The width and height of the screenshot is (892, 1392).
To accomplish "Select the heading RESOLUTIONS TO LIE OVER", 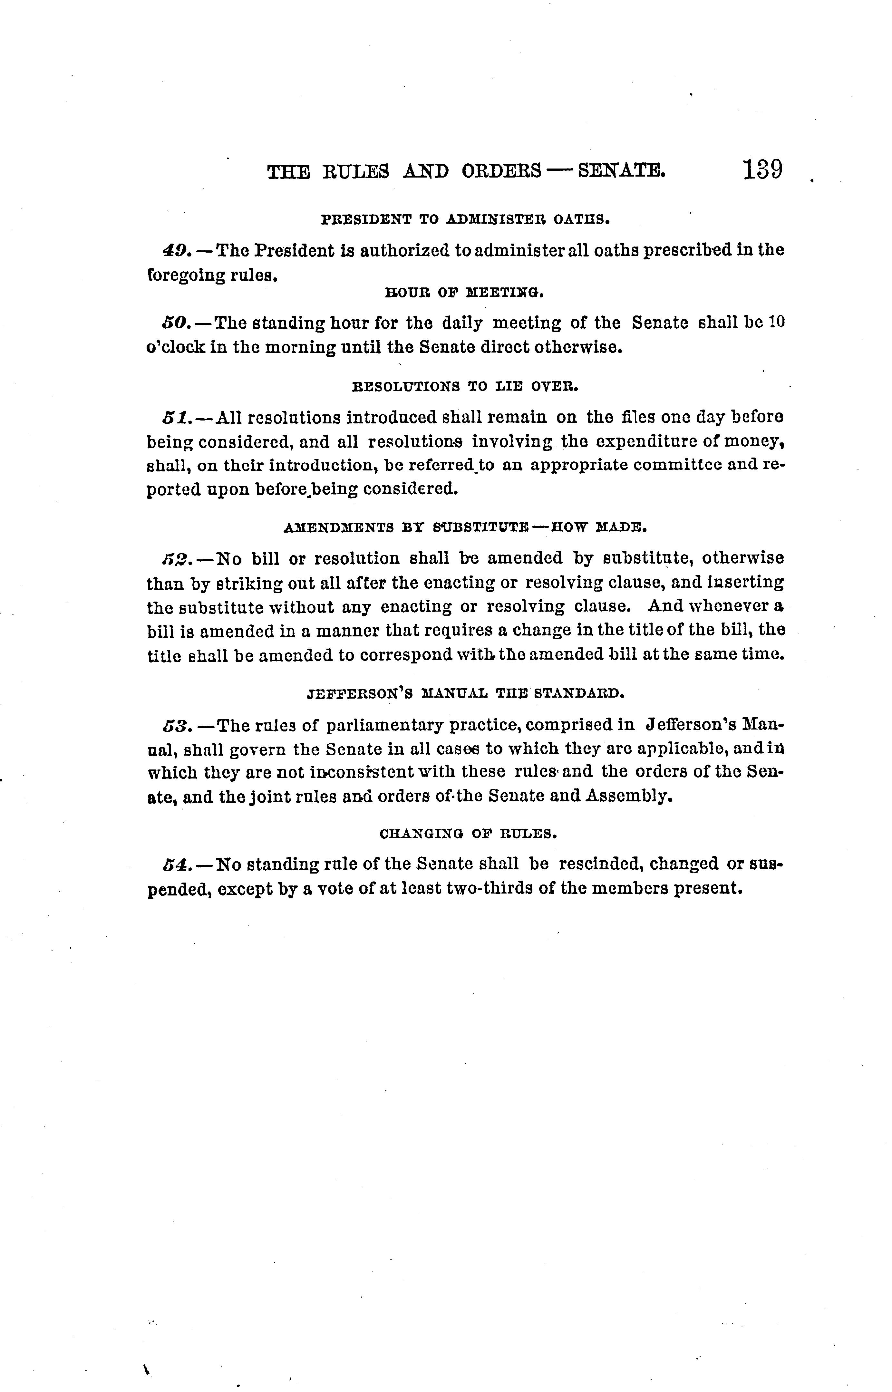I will click(465, 386).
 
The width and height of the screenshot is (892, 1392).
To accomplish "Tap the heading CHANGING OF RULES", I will click(468, 834).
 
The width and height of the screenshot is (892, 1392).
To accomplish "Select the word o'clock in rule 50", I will click(176, 348).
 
